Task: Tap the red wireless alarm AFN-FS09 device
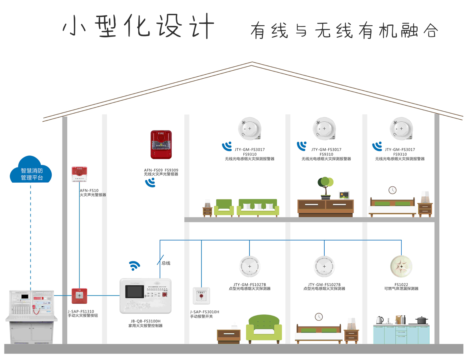(x=161, y=144)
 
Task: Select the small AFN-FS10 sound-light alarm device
(x=79, y=174)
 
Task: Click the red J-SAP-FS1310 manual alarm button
(x=79, y=296)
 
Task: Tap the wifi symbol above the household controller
(x=134, y=265)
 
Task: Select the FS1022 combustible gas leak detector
(x=401, y=267)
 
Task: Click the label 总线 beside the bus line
(x=166, y=263)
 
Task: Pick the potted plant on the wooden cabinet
(x=325, y=187)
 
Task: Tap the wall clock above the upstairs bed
(x=392, y=190)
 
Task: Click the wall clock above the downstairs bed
(x=319, y=316)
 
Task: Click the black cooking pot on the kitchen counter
(x=421, y=320)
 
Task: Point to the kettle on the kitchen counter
(x=380, y=320)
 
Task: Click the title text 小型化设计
(x=139, y=27)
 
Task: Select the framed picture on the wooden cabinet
(x=344, y=195)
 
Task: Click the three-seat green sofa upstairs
(x=258, y=208)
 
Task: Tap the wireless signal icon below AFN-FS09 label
(x=150, y=183)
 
